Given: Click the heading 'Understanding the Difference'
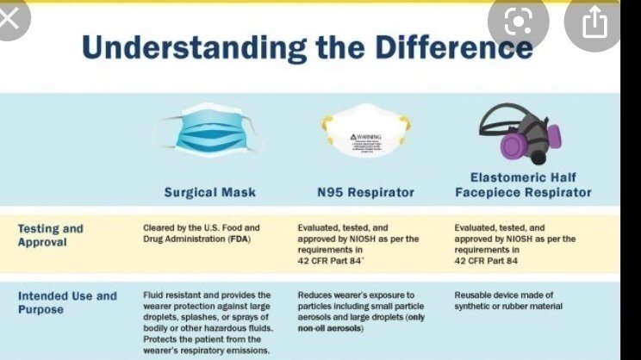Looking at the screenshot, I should click(307, 47).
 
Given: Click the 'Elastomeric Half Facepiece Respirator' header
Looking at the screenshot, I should click(523, 184).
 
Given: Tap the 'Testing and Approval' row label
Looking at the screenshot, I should click(51, 235).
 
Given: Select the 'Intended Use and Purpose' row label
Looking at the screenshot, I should click(67, 301).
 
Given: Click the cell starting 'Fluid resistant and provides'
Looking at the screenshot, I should click(207, 322).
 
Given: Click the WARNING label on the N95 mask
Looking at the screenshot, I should click(364, 137).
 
